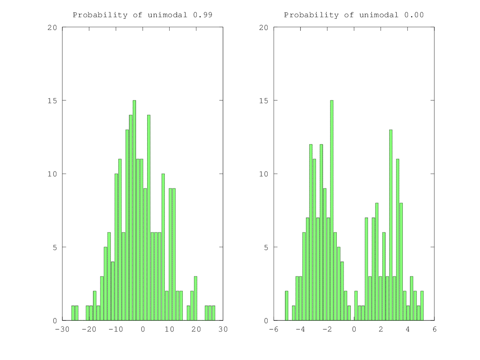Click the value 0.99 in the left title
click(202, 15)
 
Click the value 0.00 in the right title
click(414, 15)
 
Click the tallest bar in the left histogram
click(134, 210)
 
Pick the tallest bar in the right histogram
click(332, 210)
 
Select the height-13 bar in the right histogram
click(391, 225)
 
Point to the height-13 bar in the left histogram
click(127, 225)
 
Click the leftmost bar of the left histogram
click(73, 313)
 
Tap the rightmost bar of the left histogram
click(214, 313)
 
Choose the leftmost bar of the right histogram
click(286, 306)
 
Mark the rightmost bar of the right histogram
click(422, 306)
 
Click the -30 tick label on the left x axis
click(62, 329)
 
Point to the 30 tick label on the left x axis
click(223, 329)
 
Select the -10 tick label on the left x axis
click(116, 329)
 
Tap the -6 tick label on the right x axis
click(274, 329)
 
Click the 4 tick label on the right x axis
click(408, 329)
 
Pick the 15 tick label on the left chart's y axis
click(53, 100)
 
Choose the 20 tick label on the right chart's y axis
click(264, 28)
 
